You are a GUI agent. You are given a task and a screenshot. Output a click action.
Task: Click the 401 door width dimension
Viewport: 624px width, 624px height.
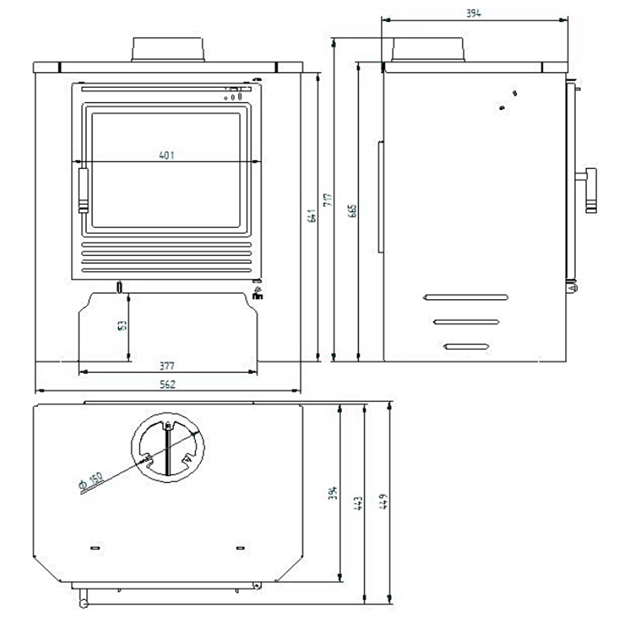(x=166, y=155)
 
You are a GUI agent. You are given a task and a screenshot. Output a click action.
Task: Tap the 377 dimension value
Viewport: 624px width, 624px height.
(x=166, y=366)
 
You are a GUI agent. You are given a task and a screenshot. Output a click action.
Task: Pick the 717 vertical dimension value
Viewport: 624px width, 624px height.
(x=328, y=200)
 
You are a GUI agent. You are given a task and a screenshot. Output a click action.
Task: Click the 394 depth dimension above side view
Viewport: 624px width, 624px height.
(x=473, y=14)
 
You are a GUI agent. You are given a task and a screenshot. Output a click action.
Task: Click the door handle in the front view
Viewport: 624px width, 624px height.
(x=83, y=190)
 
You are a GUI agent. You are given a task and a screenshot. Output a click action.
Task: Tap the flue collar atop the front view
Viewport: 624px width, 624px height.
(x=167, y=50)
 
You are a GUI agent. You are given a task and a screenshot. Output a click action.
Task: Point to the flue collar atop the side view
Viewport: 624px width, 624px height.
(x=428, y=50)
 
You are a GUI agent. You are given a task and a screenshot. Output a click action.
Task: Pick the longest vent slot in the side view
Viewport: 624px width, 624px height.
(x=466, y=297)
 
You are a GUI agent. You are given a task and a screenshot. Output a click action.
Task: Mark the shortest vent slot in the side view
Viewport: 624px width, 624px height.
(x=466, y=346)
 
